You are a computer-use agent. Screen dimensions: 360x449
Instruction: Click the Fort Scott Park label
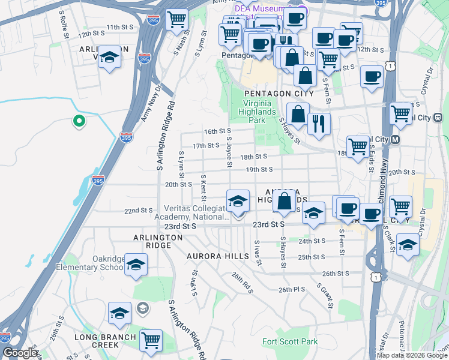point(290,342)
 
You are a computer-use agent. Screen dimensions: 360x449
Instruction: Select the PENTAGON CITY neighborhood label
point(279,94)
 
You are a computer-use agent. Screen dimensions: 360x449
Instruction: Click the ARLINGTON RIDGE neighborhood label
point(157,238)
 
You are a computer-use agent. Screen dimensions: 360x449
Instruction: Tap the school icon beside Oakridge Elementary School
point(136,264)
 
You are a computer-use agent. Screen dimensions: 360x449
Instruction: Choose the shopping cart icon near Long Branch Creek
point(151,340)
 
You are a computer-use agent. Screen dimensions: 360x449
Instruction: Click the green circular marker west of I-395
point(78,122)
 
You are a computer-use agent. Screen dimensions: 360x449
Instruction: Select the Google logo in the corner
point(20,353)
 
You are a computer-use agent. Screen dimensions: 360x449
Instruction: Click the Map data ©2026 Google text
point(412,355)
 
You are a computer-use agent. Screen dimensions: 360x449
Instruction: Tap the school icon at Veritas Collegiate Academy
point(238,200)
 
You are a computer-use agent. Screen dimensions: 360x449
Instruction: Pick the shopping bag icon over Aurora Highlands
point(286,199)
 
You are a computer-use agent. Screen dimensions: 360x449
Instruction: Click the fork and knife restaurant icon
point(319,124)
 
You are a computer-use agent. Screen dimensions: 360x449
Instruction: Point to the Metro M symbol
point(395,140)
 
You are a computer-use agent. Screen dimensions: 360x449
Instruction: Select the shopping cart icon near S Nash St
point(176,19)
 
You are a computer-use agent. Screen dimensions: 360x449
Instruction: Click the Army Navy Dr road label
point(151,104)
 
